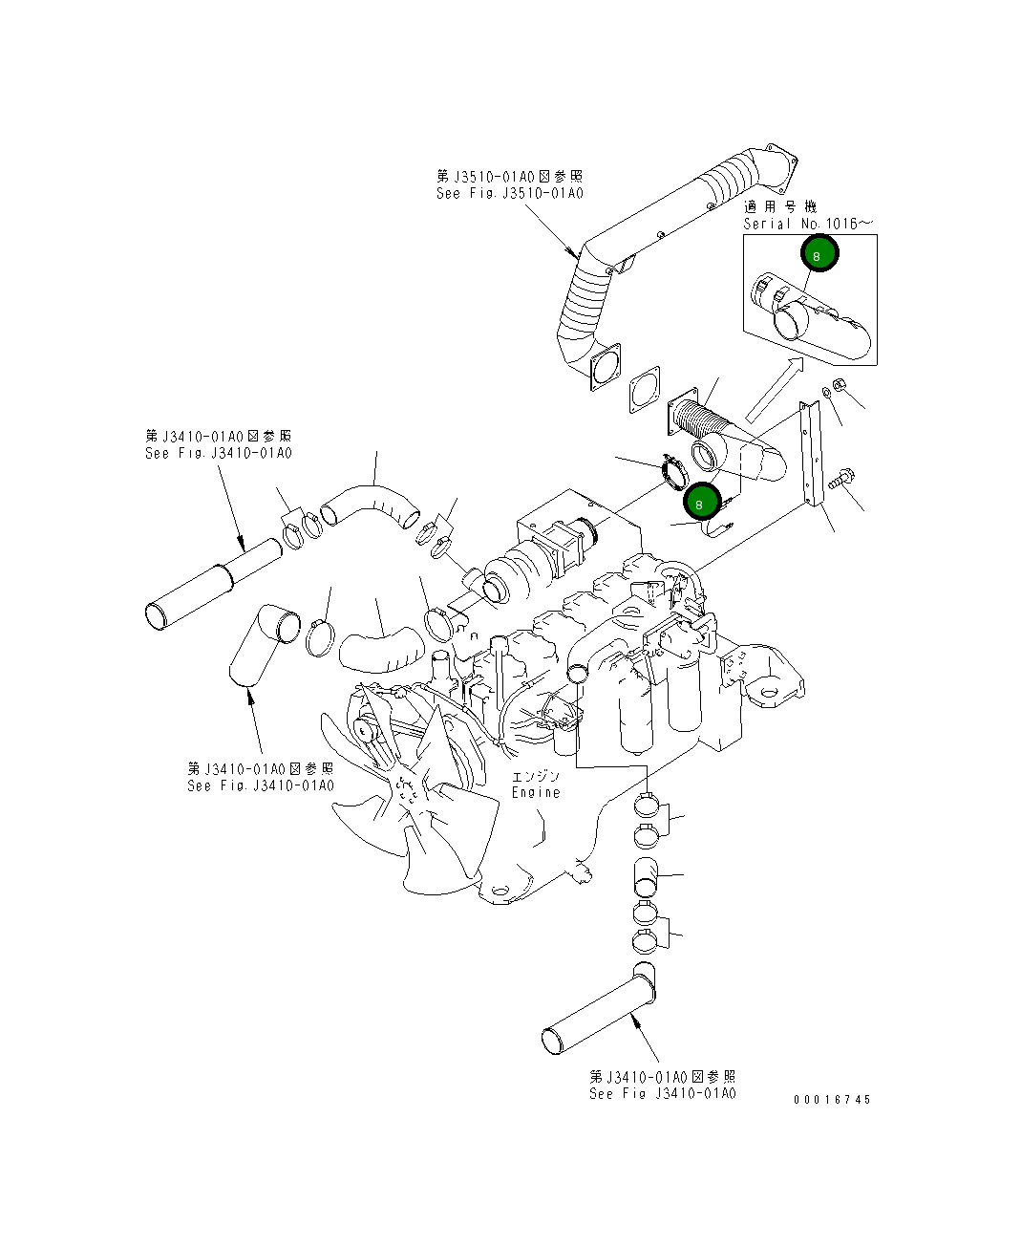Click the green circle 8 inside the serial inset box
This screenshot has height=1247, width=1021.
[x=818, y=255]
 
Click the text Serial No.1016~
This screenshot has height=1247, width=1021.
[x=807, y=224]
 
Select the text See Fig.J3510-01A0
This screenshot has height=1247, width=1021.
[x=509, y=194]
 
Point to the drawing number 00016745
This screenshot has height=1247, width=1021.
[x=832, y=1100]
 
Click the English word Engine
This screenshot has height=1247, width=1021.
[x=536, y=792]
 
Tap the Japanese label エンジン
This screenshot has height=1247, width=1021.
[x=536, y=776]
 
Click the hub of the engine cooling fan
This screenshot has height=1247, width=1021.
[x=409, y=791]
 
